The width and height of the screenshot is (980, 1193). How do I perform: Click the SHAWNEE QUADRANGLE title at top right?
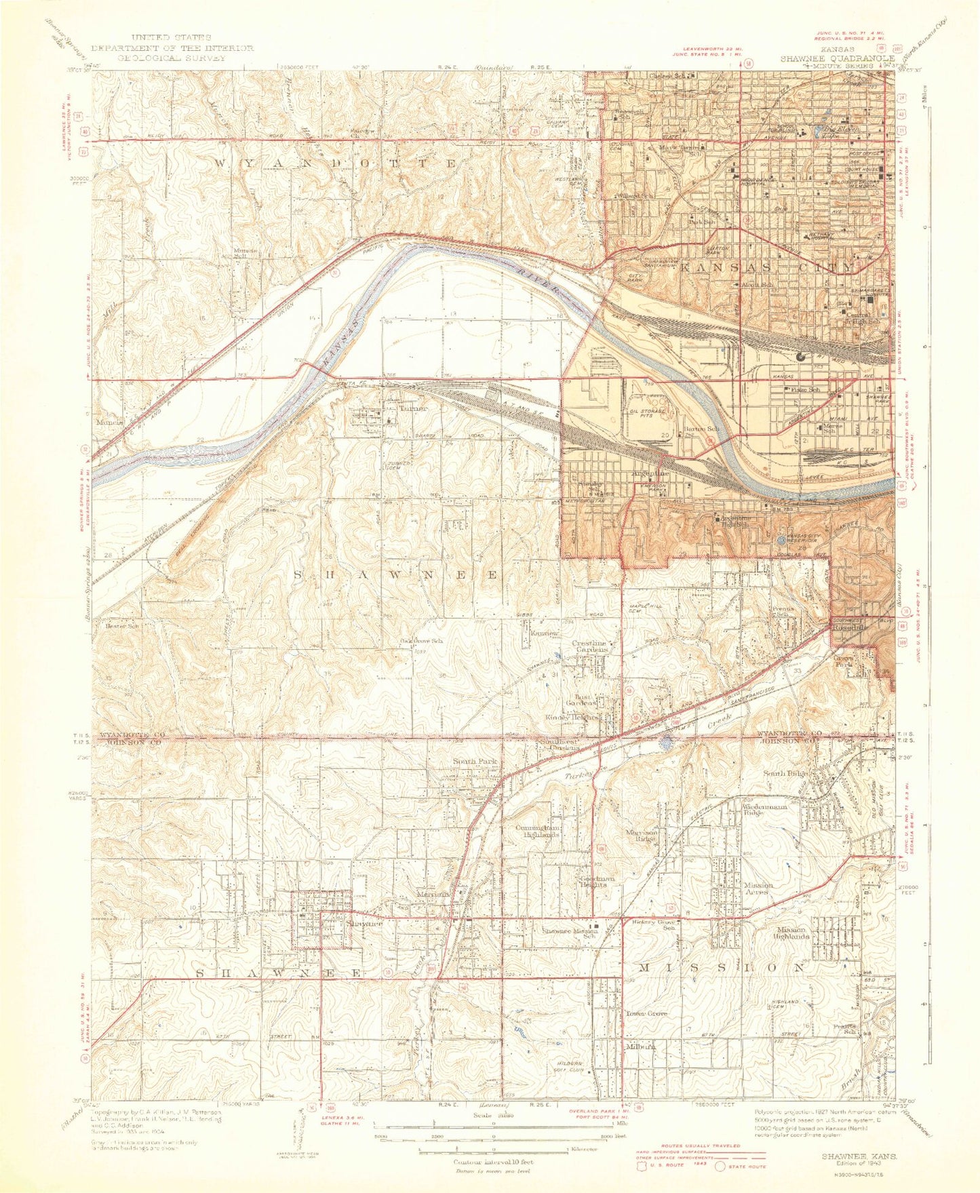837,58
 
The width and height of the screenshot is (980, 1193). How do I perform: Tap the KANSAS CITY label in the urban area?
766,267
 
